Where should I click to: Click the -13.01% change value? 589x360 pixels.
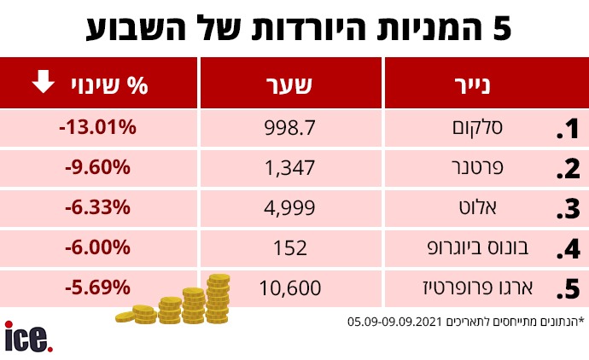coord(97,128)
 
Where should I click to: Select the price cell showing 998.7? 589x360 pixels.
coord(291,128)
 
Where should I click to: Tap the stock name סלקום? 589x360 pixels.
coord(481,129)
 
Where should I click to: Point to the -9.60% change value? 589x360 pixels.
coord(97,167)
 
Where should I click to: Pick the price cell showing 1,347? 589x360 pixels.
coord(291,168)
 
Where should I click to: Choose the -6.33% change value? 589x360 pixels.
coord(97,207)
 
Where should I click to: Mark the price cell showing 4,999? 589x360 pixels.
coord(291,207)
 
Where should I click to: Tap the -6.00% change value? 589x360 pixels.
coord(97,247)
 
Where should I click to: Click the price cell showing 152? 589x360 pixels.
coord(291,247)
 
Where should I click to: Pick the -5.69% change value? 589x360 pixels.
coord(97,287)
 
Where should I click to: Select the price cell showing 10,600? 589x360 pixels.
coord(291,287)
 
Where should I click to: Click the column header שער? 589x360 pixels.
coord(291,84)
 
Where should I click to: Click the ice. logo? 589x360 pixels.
coord(28,337)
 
